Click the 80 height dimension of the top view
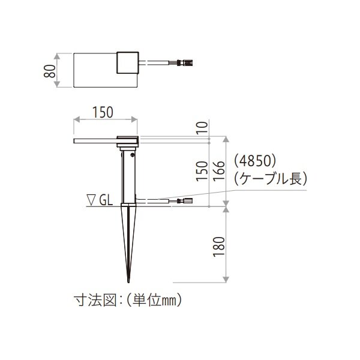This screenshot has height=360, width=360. coord(52,70)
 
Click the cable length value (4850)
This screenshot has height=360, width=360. coord(254,161)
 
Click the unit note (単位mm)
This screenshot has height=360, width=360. coord(152,298)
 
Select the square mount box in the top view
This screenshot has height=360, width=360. coord(127,62)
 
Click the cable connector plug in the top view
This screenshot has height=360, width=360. coord(184,62)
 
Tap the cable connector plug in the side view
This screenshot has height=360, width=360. coord(184,201)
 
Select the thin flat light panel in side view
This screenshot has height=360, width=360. coord(95,142)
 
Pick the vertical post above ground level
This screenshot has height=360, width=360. coord(129,177)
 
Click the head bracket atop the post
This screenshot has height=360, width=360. coord(128,142)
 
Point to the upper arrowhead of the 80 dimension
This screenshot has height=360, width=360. coord(58,54)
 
